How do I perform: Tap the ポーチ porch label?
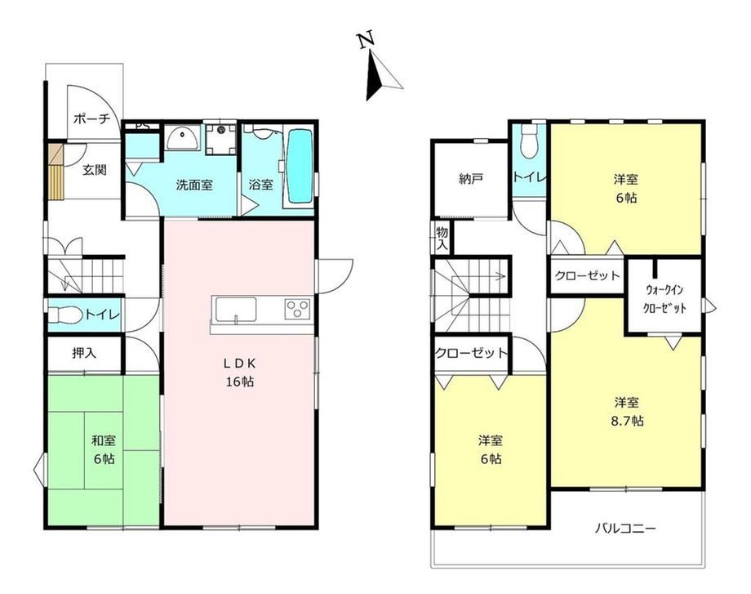pos(92,118)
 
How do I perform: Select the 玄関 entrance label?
pos(95,170)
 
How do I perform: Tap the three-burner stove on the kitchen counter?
pos(297,308)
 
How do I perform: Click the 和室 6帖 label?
pos(104,449)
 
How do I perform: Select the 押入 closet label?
pos(84,353)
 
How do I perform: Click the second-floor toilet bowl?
pos(529,142)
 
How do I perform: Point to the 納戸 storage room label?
pos(470,179)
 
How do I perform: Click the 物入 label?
pos(442,239)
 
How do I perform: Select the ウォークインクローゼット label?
pos(664,299)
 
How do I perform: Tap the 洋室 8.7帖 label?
pos(626,411)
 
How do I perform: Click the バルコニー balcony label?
pos(625,529)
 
